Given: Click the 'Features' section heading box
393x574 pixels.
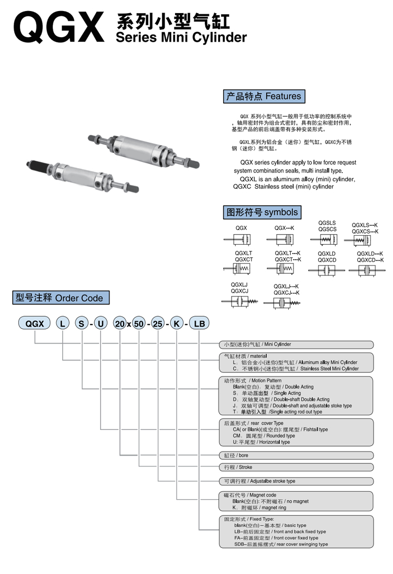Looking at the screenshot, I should pyautogui.click(x=264, y=96).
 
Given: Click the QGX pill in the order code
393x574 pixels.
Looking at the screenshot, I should pyautogui.click(x=35, y=324).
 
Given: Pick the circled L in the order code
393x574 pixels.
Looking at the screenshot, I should pyautogui.click(x=62, y=324).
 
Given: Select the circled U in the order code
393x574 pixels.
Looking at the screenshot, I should pyautogui.click(x=101, y=324).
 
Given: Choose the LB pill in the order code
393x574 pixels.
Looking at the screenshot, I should pyautogui.click(x=199, y=324).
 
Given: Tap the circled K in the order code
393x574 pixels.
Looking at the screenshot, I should pyautogui.click(x=177, y=324).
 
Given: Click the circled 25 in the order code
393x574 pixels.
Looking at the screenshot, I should pyautogui.click(x=156, y=324).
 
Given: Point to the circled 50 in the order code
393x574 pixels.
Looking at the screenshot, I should pyautogui.click(x=138, y=324).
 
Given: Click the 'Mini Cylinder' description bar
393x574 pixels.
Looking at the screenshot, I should pyautogui.click(x=296, y=345).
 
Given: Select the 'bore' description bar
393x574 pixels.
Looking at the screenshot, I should pyautogui.click(x=296, y=456).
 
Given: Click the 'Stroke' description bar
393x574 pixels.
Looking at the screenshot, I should pyautogui.click(x=296, y=467).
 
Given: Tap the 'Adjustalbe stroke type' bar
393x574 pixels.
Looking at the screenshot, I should pyautogui.click(x=296, y=481).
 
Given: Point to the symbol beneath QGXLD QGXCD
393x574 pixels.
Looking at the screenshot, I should pyautogui.click(x=327, y=270).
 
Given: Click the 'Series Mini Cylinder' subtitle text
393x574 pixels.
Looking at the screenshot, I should pyautogui.click(x=181, y=38).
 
